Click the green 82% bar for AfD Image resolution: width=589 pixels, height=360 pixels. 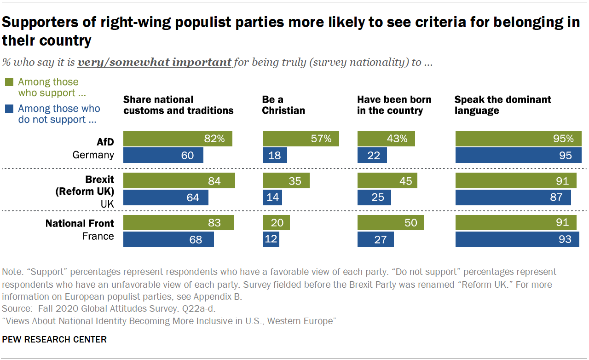point(178,139)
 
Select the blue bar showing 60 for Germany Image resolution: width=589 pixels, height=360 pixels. point(163,155)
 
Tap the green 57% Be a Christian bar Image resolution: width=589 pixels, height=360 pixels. point(300,139)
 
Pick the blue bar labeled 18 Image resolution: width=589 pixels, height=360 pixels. point(275,155)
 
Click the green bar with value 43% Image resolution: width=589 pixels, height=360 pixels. point(386,139)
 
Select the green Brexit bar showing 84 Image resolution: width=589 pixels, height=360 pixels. point(179,181)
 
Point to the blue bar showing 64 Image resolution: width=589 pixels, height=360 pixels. point(166,197)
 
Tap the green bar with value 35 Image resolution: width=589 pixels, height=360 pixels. point(286,181)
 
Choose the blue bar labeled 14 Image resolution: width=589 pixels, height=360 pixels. point(272,197)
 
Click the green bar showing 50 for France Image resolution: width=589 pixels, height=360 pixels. point(390,223)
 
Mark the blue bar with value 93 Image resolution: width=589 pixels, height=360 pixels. point(517,239)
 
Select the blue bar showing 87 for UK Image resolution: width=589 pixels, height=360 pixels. point(513,197)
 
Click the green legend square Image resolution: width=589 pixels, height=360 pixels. point(9,82)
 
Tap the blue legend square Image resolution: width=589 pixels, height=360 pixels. point(9,109)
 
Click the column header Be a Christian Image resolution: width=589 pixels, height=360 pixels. point(283,105)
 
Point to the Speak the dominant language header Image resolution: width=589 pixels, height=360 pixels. point(502,105)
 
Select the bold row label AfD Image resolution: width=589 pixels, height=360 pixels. point(105,142)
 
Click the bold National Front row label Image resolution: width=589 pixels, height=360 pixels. point(80,224)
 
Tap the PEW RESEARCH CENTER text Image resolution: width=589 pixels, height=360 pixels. point(54,340)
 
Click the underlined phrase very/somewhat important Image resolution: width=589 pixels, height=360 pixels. point(154,62)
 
